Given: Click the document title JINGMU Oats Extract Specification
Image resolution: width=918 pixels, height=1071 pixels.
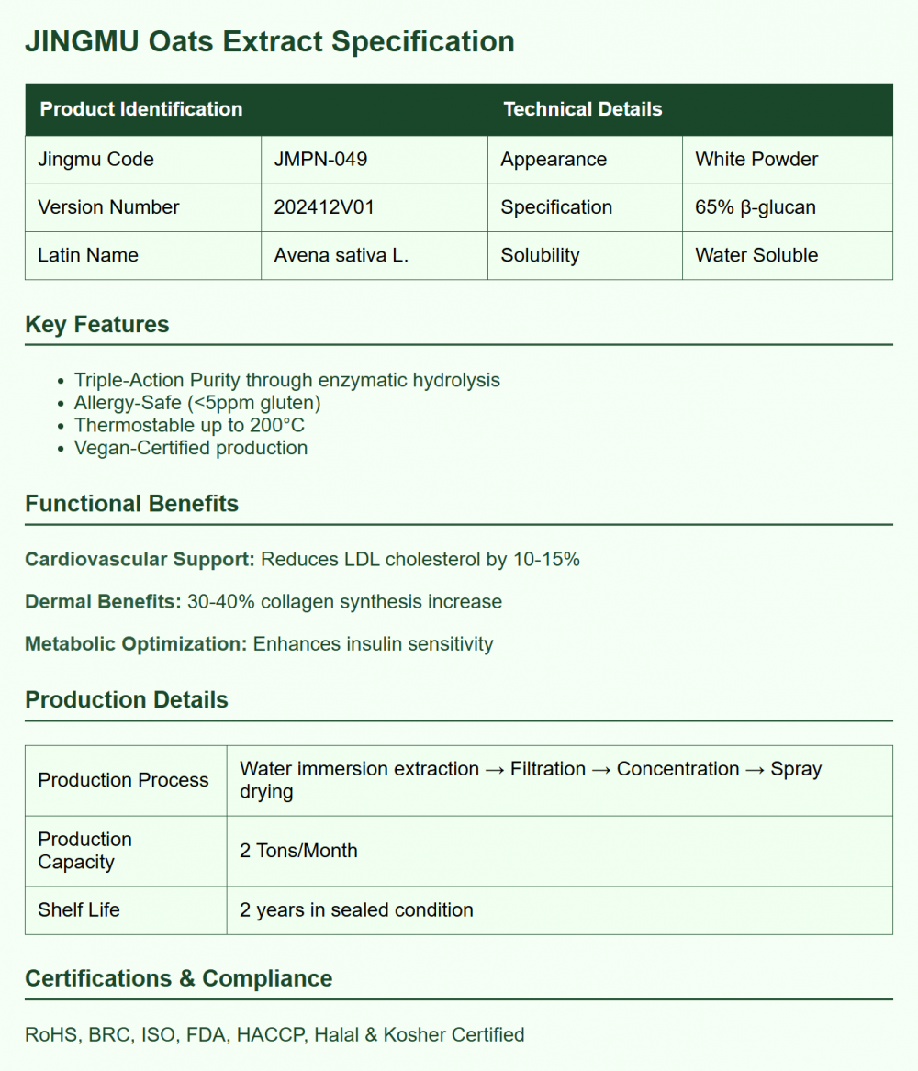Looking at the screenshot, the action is [x=269, y=42].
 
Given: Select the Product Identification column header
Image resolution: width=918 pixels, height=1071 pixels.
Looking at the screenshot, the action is [x=141, y=109].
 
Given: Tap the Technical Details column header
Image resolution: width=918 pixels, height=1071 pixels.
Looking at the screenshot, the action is [x=582, y=109].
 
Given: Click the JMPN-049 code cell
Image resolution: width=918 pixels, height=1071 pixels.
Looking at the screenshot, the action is [x=320, y=159].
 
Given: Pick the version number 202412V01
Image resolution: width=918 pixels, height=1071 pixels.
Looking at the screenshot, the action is [x=324, y=207].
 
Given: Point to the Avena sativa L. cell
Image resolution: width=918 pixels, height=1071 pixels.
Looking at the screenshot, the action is [x=341, y=255].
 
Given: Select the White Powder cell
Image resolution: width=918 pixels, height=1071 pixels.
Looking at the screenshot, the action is [x=756, y=159].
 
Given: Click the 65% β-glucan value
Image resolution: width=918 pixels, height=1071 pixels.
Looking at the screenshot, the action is [x=756, y=207].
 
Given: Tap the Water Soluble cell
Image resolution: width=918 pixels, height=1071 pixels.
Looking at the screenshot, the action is [x=756, y=255].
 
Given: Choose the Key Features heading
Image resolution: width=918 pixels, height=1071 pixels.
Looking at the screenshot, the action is [x=97, y=325].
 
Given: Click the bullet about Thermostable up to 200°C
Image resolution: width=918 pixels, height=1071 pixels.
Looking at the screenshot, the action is [x=189, y=425].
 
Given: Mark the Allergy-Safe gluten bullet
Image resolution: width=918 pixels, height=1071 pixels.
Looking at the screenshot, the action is [x=197, y=403].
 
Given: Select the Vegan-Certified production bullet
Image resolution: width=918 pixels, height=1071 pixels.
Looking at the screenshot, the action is [x=191, y=448].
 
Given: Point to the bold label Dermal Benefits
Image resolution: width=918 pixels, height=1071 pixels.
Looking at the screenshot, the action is [x=103, y=602].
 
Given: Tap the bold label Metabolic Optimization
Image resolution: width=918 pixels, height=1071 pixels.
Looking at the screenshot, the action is [x=136, y=644].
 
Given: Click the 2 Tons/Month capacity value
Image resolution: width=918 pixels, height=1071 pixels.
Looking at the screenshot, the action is [x=298, y=851].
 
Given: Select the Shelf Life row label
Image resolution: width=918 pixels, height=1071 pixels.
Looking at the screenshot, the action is [x=79, y=910].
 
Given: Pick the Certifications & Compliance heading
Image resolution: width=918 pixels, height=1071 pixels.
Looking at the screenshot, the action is [x=178, y=978].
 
